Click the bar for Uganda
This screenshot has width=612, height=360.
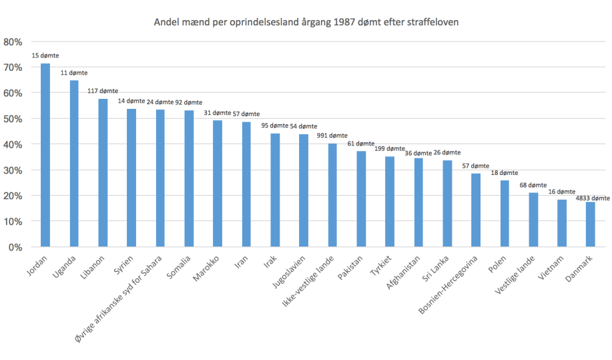tap(74, 164)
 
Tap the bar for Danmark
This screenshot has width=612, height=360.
tap(590, 224)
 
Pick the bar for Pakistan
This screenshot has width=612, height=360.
tap(361, 199)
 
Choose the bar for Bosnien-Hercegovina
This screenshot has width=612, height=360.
tap(476, 210)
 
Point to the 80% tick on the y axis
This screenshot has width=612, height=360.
tap(13, 41)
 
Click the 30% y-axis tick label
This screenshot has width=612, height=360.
tap(13, 170)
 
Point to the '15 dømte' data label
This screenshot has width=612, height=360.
tap(45, 55)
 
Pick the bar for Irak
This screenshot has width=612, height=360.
tap(275, 190)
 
